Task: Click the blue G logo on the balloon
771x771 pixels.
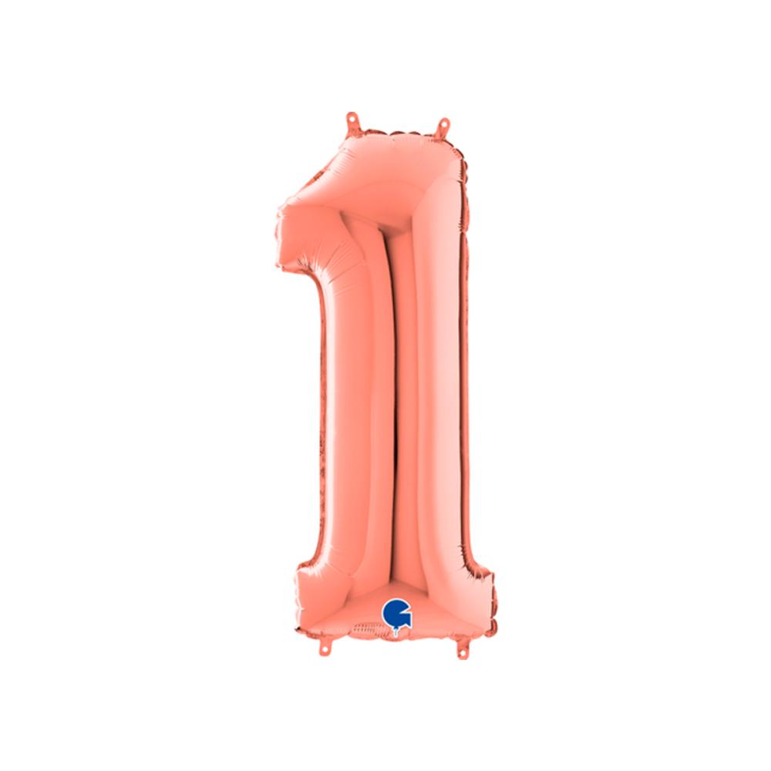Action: click(x=396, y=614)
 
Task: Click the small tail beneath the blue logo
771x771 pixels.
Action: click(x=396, y=631)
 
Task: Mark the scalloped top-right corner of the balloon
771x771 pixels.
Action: click(x=460, y=154)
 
